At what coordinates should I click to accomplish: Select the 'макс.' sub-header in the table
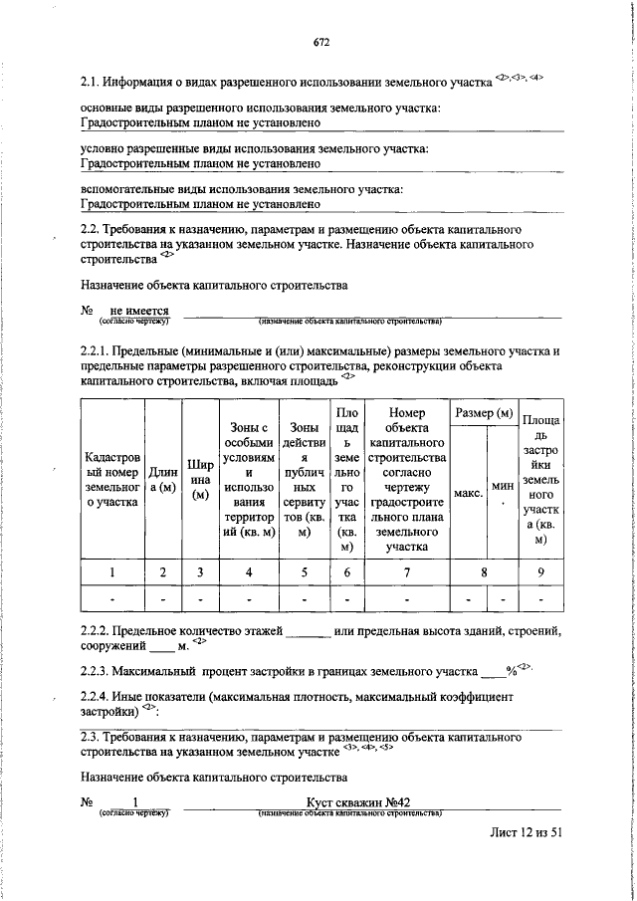(468, 492)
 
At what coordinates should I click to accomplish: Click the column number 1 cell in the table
(112, 571)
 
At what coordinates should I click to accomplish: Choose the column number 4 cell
(249, 571)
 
